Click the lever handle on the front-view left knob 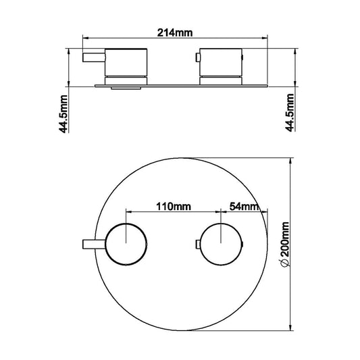click(x=93, y=242)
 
